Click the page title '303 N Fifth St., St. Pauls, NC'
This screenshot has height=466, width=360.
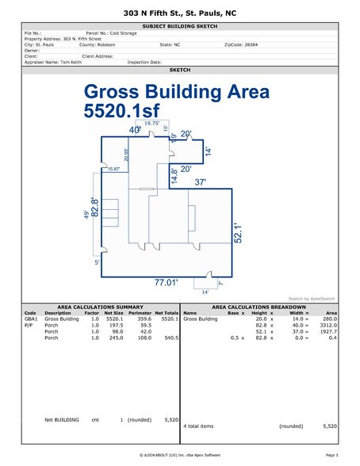180,14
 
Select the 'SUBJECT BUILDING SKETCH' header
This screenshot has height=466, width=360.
180,26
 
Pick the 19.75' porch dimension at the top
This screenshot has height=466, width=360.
152,124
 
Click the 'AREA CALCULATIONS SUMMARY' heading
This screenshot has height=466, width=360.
100,306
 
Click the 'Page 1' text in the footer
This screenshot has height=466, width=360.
331,456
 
